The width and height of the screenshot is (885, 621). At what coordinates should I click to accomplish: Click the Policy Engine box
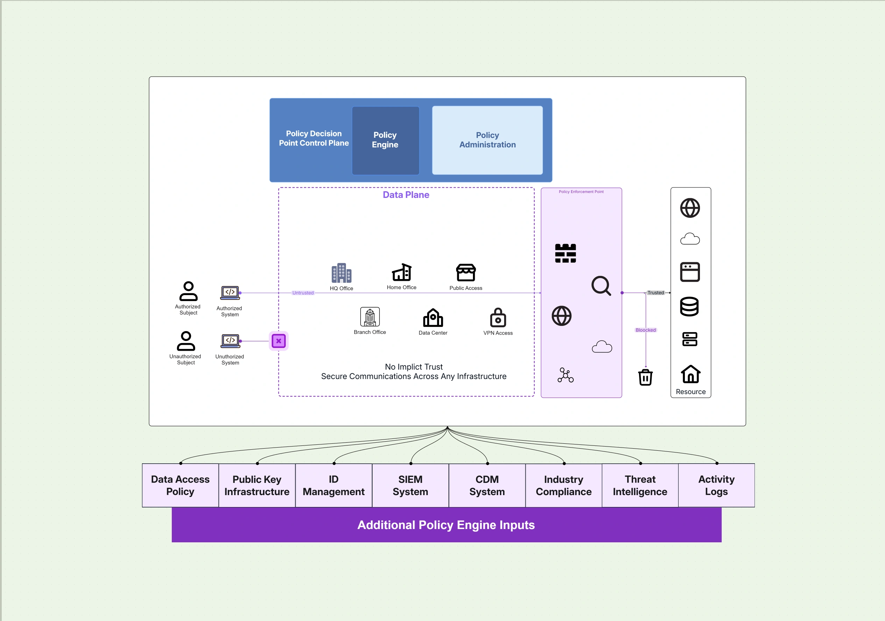[385, 140]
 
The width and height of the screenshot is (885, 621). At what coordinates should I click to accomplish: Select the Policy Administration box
[487, 140]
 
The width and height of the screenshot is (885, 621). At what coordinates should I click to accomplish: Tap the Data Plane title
[406, 195]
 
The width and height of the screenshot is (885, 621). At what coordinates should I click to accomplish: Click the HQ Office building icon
[341, 273]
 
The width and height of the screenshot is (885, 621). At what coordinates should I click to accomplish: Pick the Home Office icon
[402, 272]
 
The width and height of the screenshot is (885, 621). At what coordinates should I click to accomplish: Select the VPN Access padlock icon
[498, 317]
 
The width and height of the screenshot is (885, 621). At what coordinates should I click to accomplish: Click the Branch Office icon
[370, 317]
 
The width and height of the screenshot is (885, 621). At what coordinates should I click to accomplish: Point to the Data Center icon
[433, 318]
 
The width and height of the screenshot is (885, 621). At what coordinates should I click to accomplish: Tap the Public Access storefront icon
[466, 273]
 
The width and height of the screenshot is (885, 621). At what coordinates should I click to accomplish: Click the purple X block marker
[278, 341]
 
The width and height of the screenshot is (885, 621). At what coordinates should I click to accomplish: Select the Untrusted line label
[303, 293]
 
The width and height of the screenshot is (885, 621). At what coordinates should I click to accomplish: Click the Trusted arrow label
[656, 293]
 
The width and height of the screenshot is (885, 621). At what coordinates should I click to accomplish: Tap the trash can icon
[645, 377]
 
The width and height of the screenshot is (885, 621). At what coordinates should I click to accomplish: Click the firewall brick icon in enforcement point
[565, 253]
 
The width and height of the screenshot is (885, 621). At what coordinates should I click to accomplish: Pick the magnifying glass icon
[601, 286]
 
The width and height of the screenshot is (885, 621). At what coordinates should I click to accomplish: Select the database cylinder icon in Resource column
[689, 307]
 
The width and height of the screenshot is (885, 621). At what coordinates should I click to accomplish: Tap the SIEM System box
[410, 485]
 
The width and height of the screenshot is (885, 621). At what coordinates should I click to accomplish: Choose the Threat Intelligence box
[640, 485]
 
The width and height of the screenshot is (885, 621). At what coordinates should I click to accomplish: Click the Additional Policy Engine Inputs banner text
[446, 525]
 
